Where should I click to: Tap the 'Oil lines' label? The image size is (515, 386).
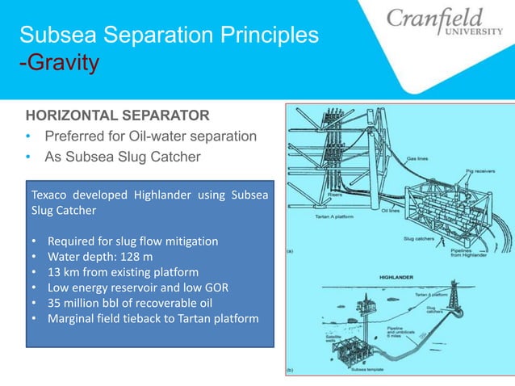[391, 211]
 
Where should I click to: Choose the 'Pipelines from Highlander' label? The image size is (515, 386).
[475, 254]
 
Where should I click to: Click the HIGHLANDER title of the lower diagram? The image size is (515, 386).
[398, 276]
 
